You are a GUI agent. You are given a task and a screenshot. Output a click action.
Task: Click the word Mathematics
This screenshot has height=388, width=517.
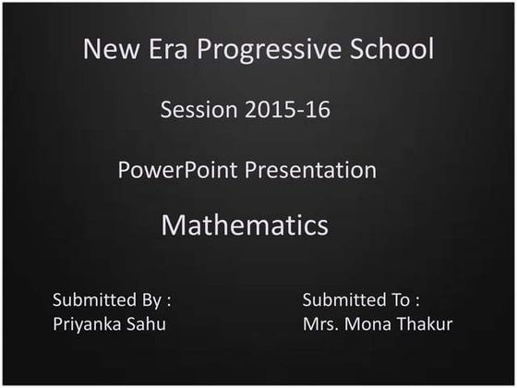(x=245, y=225)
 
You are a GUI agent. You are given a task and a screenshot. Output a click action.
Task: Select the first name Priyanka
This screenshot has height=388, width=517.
(x=88, y=324)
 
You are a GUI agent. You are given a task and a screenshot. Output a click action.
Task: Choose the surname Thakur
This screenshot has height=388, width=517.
(x=425, y=323)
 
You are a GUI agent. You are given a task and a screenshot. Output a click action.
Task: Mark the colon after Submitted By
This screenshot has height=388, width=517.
(x=169, y=301)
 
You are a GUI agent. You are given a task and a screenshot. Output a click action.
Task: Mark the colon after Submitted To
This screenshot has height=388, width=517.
(x=418, y=301)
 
